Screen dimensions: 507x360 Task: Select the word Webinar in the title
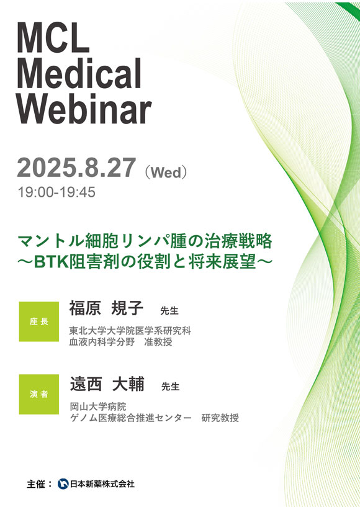tap(84, 109)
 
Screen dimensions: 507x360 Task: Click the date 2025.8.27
tap(76, 168)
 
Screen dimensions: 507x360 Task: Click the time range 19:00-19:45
tap(56, 192)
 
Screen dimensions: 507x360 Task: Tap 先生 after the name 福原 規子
tap(169, 311)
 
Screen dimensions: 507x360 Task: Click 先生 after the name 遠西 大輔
tap(170, 387)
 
